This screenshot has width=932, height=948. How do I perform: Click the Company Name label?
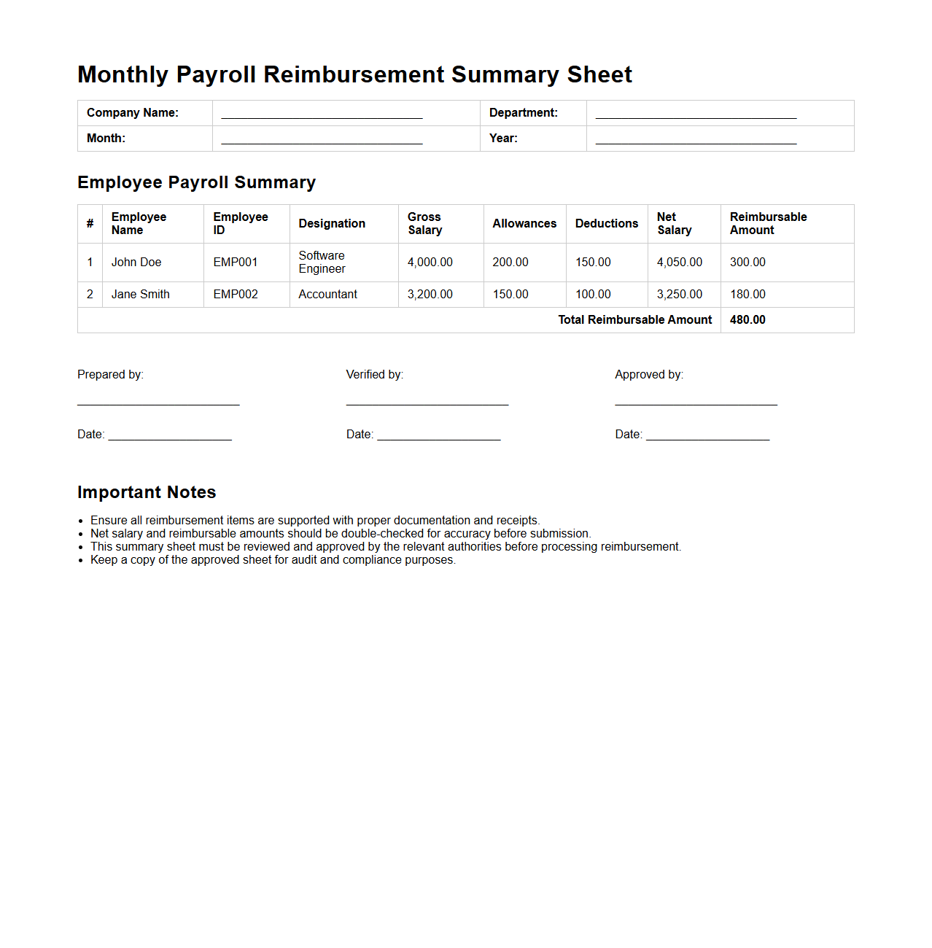132,113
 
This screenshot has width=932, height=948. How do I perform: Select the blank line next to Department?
696,117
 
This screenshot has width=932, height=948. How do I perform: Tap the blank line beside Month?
322,142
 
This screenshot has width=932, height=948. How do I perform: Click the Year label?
503,139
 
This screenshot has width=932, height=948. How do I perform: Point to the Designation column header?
332,224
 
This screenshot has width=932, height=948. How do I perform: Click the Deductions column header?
606,224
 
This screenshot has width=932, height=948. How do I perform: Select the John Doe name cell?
136,263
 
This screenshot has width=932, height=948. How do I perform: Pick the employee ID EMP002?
236,295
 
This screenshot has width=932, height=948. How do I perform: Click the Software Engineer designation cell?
322,263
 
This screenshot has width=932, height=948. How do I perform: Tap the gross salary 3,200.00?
430,295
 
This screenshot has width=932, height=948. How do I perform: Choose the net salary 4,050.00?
679,263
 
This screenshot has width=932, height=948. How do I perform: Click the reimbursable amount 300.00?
747,263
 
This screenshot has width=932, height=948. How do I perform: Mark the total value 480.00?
747,320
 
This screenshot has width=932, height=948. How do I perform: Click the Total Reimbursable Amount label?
634,320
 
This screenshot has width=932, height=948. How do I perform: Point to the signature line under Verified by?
427,403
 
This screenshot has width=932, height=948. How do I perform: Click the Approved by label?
648,375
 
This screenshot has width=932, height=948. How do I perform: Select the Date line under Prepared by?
170,438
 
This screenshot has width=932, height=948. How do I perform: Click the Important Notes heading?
147,492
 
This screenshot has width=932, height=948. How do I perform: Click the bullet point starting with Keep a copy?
273,560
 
